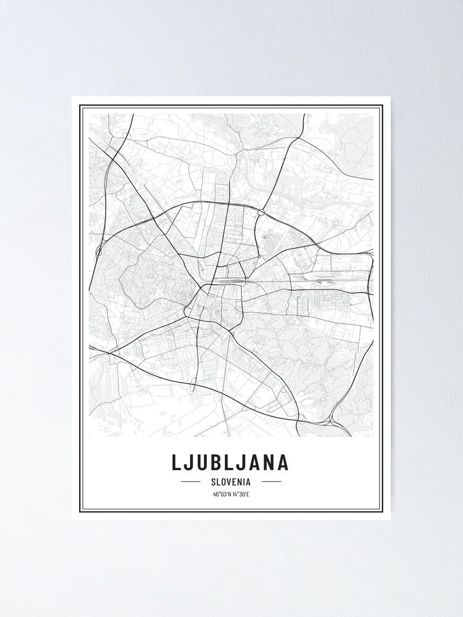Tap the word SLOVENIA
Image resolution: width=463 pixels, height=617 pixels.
231,481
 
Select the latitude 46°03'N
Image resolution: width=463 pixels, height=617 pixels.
221,494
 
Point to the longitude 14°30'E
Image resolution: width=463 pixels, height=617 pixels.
240,494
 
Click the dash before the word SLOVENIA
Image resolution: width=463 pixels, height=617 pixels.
191,481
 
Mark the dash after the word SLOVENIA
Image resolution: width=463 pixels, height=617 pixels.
271,481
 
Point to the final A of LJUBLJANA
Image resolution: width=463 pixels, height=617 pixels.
282,463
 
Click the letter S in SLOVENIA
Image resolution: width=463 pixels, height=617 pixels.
213,481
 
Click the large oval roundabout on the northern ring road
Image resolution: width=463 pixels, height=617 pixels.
261,212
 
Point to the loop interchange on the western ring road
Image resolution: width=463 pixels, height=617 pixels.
99,252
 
